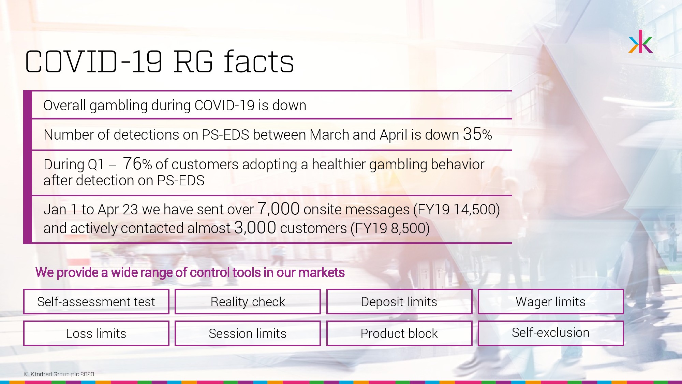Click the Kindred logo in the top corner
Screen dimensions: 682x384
click(640, 42)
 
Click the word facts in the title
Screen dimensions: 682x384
click(259, 62)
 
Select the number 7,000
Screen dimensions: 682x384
click(279, 209)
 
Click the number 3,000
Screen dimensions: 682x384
click(255, 227)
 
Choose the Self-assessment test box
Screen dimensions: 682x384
click(96, 302)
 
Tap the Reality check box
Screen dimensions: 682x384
click(248, 302)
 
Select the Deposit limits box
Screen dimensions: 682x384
click(399, 302)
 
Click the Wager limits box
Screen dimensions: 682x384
click(551, 302)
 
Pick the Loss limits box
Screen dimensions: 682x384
click(96, 333)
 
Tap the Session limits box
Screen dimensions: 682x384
click(248, 333)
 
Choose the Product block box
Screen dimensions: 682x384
click(399, 333)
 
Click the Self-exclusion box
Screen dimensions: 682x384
click(551, 333)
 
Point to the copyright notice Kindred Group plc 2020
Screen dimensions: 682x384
click(59, 374)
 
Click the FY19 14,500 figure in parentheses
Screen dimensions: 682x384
click(457, 210)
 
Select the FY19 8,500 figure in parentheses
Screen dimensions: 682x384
click(390, 228)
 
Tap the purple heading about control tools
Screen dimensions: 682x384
click(190, 273)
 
